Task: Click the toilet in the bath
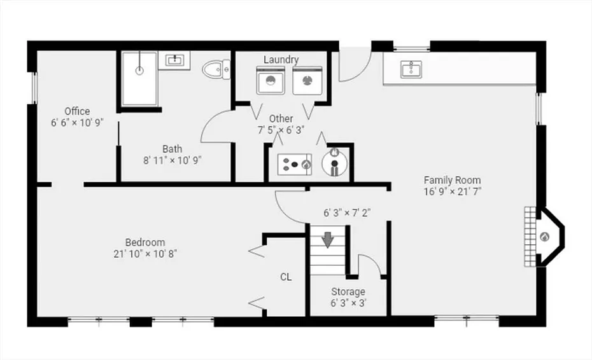point(216,69)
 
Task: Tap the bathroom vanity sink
point(174,60)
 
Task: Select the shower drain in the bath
point(139,70)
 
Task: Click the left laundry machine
point(271,80)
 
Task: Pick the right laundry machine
point(307,80)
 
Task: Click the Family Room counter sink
point(411,69)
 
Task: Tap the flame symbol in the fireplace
point(544,237)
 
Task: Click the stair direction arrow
point(327,240)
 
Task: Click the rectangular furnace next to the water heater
point(295,164)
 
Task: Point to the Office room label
point(77,111)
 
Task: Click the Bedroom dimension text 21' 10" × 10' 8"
point(145,254)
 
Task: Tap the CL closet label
point(286,277)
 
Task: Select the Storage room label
point(348,292)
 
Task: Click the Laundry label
point(281,60)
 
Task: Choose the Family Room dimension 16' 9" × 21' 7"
point(453,191)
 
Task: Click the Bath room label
point(172,149)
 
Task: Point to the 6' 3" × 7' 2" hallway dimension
point(347,213)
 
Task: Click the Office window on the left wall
point(34,88)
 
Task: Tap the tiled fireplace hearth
point(530,237)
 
